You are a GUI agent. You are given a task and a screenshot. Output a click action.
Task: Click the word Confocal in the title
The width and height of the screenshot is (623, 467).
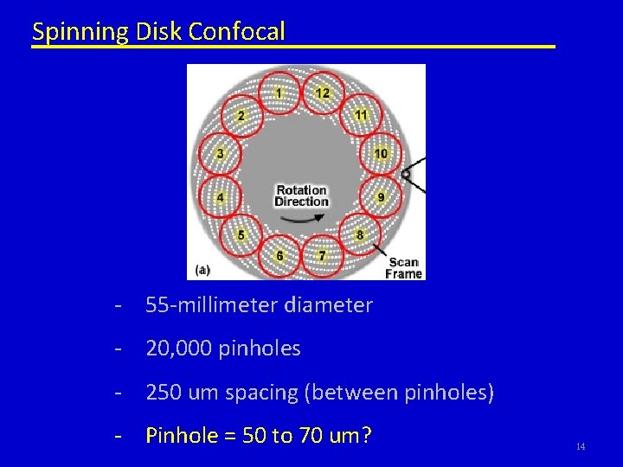pos(236,32)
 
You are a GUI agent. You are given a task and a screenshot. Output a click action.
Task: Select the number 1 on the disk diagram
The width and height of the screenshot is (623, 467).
pos(279,93)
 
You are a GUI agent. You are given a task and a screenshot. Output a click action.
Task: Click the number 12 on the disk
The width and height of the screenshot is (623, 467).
pos(322,93)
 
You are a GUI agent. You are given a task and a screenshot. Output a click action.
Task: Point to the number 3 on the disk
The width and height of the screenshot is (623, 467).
pos(220,154)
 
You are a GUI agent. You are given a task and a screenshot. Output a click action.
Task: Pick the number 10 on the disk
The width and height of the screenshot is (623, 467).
pos(381,154)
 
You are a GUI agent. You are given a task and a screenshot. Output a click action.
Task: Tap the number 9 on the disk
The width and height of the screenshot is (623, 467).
pos(381,197)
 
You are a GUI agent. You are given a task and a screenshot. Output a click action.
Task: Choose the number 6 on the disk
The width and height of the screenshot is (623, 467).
pos(279,256)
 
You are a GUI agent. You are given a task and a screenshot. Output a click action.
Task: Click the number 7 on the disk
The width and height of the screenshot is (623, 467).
pos(322,256)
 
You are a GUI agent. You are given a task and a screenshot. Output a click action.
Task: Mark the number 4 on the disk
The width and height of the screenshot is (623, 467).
pos(220,197)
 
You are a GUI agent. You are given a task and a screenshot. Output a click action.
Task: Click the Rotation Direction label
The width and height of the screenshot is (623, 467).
pos(301,195)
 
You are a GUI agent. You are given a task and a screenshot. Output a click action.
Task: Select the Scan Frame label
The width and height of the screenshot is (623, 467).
pos(403,268)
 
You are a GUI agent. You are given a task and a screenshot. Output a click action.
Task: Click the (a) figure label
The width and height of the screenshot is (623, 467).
pos(202,270)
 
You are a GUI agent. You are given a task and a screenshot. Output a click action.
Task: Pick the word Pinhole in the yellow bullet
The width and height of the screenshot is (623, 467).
pos(178,435)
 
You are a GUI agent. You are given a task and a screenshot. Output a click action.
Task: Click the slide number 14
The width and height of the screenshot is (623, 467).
pos(580,446)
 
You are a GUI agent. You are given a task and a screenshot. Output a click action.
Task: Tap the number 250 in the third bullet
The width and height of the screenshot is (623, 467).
pos(163,393)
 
